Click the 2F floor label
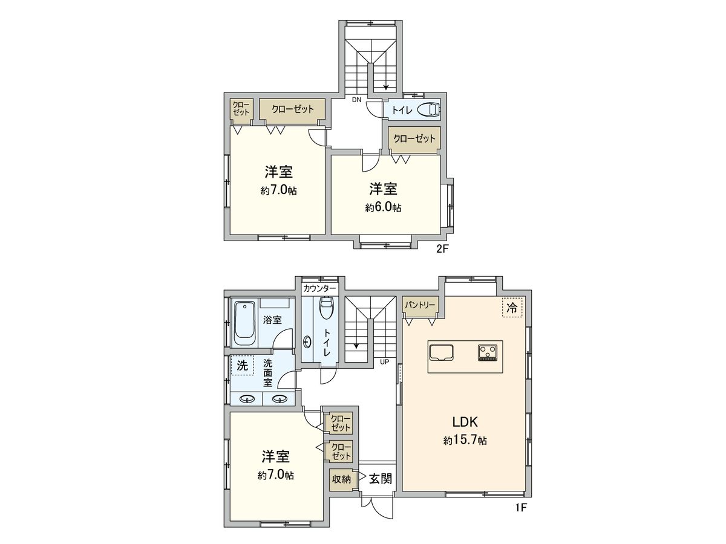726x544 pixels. coord(442,248)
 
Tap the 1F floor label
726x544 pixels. coord(521,508)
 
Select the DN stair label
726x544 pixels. coord(357,100)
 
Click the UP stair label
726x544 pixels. coord(384,362)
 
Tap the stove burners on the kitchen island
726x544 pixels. coord(487,351)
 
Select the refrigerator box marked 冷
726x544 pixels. coord(512,308)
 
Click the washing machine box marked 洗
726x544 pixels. coord(242,365)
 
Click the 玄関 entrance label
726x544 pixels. coord(381,479)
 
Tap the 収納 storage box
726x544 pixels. coord(341,479)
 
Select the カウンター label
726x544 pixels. coord(320,288)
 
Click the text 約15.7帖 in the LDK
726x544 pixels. coord(465,441)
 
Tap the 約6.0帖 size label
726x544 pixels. coord(383,207)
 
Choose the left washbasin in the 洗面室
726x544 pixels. coord(246,399)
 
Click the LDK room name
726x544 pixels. coord(465,421)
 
